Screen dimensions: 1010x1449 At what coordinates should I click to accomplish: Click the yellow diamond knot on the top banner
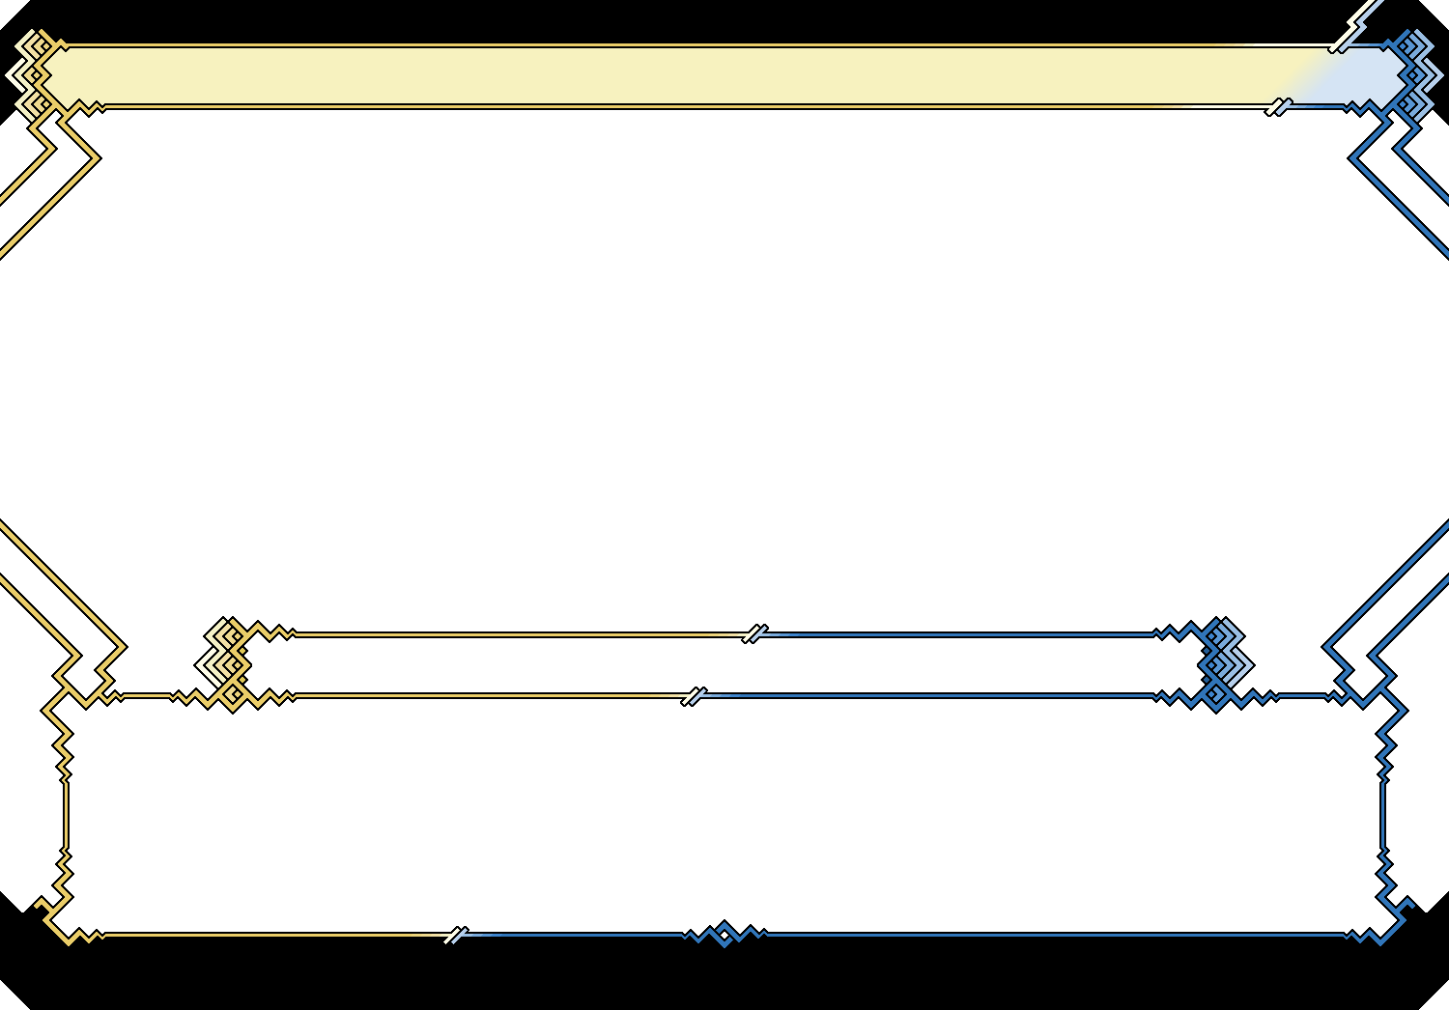coord(35,72)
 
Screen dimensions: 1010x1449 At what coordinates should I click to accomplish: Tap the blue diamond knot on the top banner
coord(1414,72)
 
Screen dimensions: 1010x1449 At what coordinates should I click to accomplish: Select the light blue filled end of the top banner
coord(1362,74)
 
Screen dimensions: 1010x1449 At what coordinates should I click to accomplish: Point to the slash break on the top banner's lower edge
coord(1278,106)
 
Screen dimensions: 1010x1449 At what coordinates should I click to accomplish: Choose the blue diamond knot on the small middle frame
coord(1221,663)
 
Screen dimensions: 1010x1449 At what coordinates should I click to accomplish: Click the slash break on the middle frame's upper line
coord(754,633)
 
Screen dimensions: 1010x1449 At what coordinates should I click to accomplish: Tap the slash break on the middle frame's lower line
coord(694,696)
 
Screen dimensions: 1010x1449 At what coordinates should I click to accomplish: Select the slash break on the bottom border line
coord(456,935)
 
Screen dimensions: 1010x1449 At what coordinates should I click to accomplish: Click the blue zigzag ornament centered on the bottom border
coord(724,934)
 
